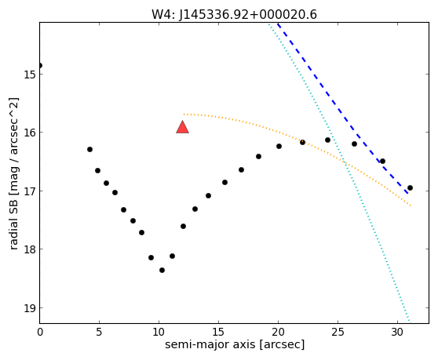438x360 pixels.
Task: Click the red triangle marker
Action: tap(182, 127)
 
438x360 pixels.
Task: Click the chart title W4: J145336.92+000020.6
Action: tap(234, 15)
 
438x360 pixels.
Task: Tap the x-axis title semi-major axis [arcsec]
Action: tap(235, 344)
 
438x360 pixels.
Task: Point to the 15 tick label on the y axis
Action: tap(29, 75)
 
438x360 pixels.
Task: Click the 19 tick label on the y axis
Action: tap(29, 308)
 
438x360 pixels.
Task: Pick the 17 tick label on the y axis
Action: tap(29, 191)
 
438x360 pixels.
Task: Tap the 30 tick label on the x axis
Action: tap(397, 332)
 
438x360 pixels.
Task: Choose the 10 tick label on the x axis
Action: tap(159, 332)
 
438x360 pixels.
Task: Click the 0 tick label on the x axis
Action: tap(40, 332)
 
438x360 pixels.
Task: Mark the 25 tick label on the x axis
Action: tap(338, 332)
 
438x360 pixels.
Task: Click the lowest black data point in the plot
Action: tap(162, 270)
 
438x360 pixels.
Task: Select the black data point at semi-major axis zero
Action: tap(40, 66)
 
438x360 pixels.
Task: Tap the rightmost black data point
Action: tap(410, 187)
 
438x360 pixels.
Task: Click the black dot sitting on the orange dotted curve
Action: tap(302, 142)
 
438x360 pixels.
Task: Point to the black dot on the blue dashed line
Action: tap(383, 162)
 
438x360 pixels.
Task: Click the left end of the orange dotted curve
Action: tap(184, 115)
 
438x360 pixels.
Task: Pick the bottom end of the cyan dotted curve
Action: tap(409, 321)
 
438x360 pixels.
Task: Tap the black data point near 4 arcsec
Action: tap(89, 149)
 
